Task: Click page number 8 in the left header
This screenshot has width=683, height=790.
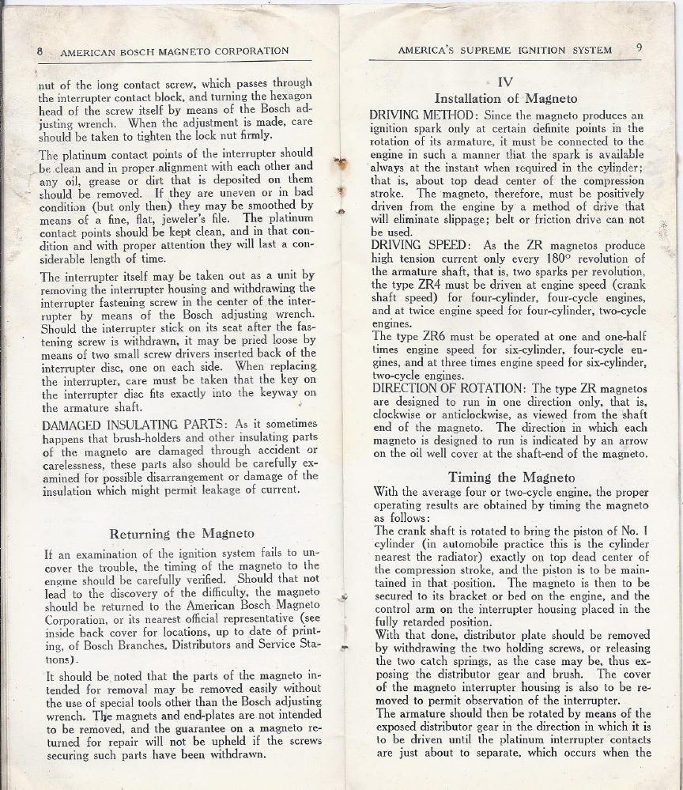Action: click(x=40, y=51)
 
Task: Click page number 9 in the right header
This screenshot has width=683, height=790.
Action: click(x=638, y=48)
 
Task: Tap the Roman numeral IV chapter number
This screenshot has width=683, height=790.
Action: click(x=506, y=81)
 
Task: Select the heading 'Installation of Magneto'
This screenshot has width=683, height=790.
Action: click(x=506, y=99)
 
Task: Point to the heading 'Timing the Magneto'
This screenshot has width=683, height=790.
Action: click(x=513, y=477)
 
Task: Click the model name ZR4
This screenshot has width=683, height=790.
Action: click(x=431, y=285)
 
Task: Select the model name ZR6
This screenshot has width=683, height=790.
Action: click(x=431, y=335)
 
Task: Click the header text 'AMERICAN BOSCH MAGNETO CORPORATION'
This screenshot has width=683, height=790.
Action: click(x=175, y=51)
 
